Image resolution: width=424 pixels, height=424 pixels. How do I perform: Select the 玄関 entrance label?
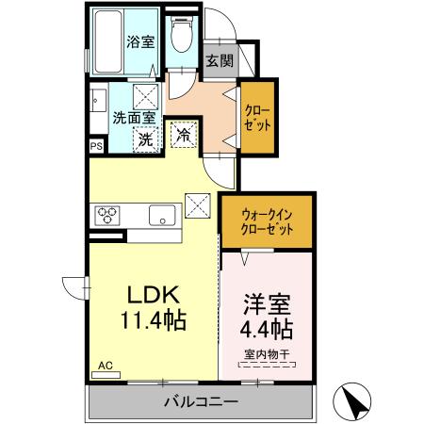pyautogui.click(x=219, y=59)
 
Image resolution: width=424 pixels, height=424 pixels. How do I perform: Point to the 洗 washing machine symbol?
pyautogui.click(x=146, y=138)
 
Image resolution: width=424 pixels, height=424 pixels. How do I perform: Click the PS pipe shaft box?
pyautogui.click(x=96, y=146)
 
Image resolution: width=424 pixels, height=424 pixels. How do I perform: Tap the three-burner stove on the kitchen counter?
pyautogui.click(x=106, y=215)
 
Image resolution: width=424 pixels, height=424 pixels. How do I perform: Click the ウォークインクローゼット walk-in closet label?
pyautogui.click(x=267, y=221)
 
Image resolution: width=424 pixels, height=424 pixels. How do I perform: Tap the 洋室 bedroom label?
pyautogui.click(x=267, y=304)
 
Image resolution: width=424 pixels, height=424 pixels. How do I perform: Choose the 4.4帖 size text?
pyautogui.click(x=267, y=330)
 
